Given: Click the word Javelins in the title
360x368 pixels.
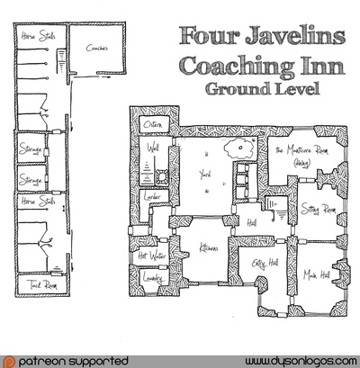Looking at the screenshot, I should [x=285, y=37].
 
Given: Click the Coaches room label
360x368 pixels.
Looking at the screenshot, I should [x=97, y=49].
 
